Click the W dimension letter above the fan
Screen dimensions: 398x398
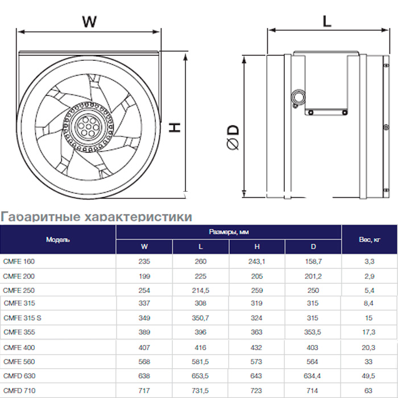point(89,22)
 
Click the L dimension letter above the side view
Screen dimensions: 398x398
point(327,21)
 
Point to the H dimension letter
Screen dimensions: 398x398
point(175,127)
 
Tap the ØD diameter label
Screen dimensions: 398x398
point(233,138)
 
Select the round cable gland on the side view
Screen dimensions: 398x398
point(298,97)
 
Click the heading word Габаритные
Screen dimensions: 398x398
point(40,217)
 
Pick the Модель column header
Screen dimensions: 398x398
point(57,239)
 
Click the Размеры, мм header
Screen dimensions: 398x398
point(229,232)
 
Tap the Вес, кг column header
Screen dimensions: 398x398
point(370,239)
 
